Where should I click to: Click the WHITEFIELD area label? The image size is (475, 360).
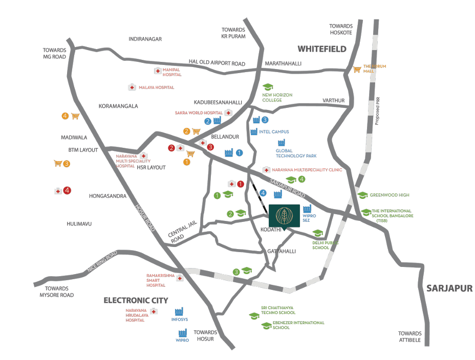point(322,49)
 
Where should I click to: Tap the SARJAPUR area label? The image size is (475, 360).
point(449,288)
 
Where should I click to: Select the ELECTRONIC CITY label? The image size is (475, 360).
point(136,300)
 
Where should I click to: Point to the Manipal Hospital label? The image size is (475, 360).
point(172,72)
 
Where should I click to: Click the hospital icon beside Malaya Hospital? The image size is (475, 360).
point(132,87)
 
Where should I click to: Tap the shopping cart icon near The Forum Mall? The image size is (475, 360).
point(357,69)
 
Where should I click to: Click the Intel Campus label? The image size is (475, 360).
point(274,132)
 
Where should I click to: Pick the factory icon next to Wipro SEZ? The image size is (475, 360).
point(307,209)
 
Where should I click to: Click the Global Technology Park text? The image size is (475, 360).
point(296,153)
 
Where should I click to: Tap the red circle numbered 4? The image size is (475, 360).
point(67,191)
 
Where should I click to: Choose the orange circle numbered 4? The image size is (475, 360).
point(64,116)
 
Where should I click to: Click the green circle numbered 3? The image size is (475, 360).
point(236,272)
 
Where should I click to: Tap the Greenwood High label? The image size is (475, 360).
point(389,195)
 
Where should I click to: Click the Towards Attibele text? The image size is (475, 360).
point(410,337)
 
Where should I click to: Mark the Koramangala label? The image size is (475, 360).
point(118,106)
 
